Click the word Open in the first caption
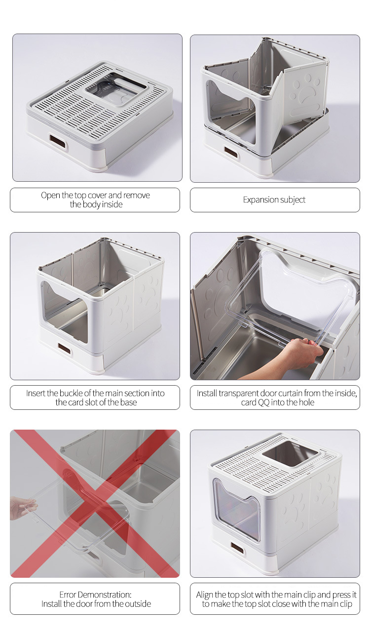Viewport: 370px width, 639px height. [x=50, y=195]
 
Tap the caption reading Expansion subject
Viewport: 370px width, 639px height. [x=274, y=200]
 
